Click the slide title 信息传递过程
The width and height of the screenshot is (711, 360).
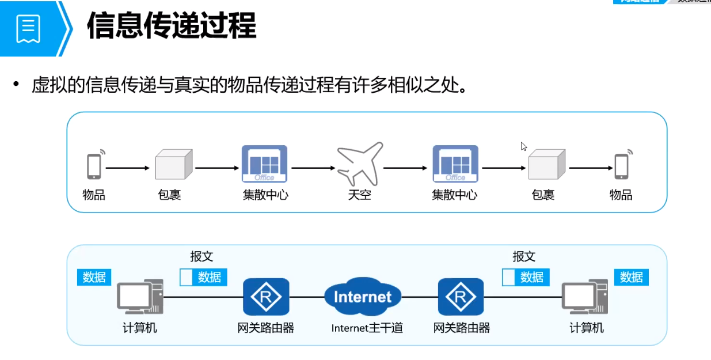[171, 26]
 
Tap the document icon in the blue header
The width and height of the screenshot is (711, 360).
[28, 28]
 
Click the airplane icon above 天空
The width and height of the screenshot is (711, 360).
[359, 164]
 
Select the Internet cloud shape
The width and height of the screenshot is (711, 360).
[362, 296]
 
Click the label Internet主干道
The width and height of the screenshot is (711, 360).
[367, 328]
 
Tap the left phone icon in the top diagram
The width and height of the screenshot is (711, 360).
[94, 165]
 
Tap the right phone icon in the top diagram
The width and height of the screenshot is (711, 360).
[621, 165]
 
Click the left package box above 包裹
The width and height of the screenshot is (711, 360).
[173, 165]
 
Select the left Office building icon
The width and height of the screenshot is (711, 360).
[264, 164]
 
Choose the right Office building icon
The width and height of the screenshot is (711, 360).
[455, 164]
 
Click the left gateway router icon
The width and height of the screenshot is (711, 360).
[265, 297]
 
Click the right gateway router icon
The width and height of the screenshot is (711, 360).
[460, 297]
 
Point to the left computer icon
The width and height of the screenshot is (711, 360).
[140, 298]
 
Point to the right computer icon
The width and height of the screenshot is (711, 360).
[585, 298]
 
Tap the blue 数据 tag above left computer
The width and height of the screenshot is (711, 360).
[94, 277]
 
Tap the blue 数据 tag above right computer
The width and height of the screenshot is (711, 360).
[631, 277]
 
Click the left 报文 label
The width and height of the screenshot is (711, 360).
[201, 256]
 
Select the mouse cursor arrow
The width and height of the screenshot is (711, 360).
[523, 146]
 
